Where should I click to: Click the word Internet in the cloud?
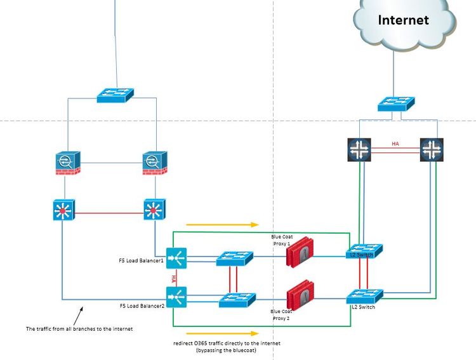[x=403, y=20]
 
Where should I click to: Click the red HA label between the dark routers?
[x=395, y=144]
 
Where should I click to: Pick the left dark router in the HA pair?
[x=360, y=149]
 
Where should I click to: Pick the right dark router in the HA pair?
[x=432, y=149]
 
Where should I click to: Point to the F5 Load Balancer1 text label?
[x=142, y=260]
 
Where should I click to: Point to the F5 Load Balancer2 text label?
[x=142, y=306]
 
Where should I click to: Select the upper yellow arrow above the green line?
[x=223, y=224]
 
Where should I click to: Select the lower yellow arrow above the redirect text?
[x=223, y=333]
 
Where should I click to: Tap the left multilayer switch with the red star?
[x=63, y=210]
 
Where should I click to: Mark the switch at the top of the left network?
[x=115, y=95]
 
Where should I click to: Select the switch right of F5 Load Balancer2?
[x=237, y=300]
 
